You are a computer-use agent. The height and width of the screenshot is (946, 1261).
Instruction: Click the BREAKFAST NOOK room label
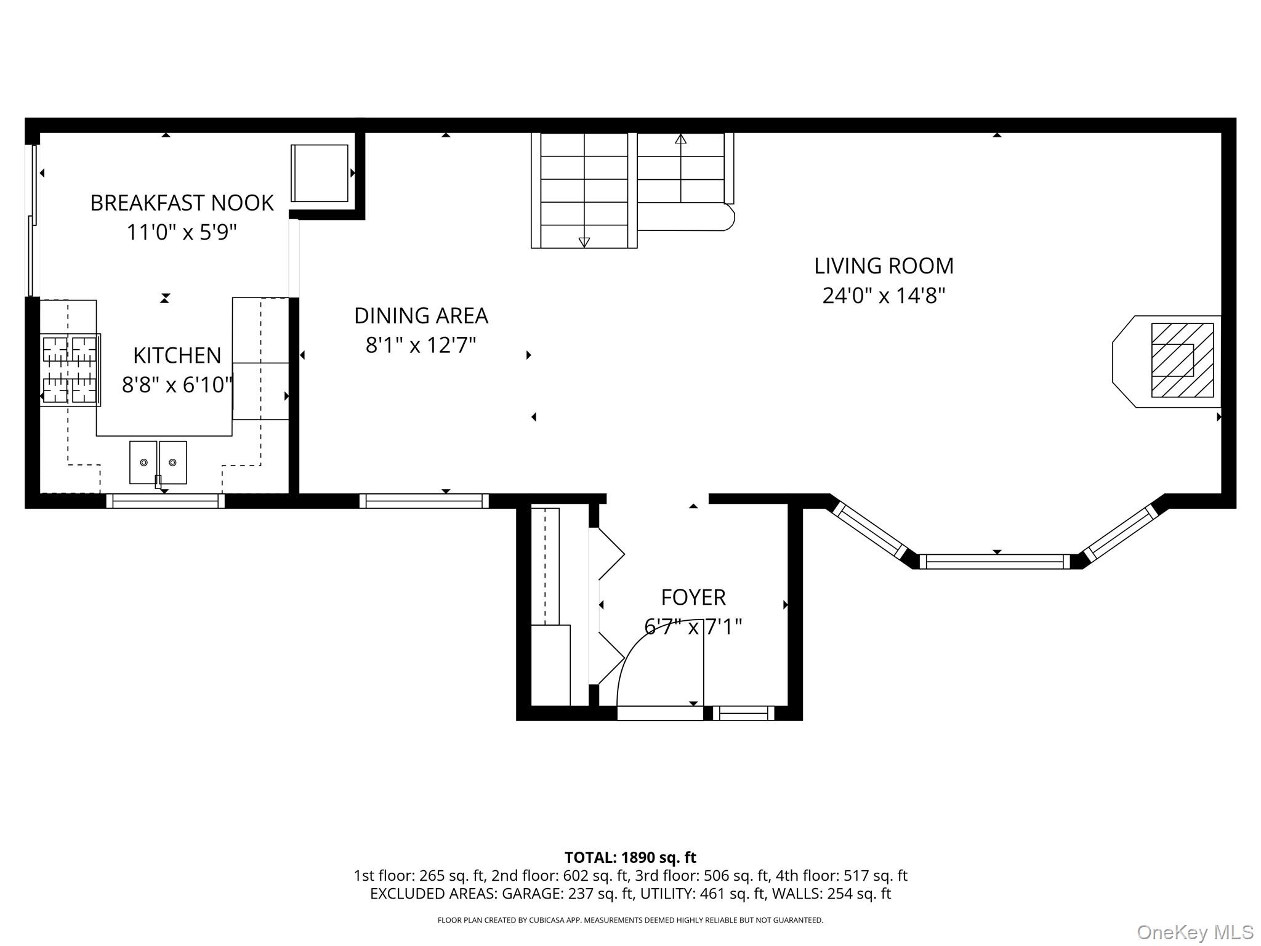coord(182,203)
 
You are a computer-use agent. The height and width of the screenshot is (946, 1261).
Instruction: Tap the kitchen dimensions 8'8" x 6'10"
coord(177,385)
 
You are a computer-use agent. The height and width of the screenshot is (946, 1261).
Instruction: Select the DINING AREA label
coord(421,316)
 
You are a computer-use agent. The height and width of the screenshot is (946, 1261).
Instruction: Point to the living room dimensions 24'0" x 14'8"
coord(884,296)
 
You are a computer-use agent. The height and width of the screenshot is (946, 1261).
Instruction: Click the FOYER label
coord(693,597)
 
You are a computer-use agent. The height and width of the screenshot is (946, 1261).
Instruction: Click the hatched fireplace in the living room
coord(1182,360)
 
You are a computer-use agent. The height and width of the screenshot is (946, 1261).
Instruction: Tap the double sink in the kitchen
coord(158,462)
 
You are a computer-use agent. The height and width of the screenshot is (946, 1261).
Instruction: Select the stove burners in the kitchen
coord(70,370)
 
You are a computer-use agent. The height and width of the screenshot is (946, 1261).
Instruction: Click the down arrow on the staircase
coord(584,242)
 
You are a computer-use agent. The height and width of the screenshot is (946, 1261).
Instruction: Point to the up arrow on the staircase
coord(680,140)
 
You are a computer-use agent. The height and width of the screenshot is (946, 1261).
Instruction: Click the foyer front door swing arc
coord(640,641)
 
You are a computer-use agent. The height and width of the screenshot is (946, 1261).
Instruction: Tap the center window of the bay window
coord(994,562)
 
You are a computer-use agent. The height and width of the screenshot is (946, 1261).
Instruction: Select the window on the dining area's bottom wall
coord(424,501)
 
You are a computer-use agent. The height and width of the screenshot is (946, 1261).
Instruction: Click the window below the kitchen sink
coord(165,501)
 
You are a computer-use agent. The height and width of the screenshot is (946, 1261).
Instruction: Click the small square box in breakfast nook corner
coord(319,173)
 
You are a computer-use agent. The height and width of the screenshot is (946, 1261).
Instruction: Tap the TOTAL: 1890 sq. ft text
coord(630,857)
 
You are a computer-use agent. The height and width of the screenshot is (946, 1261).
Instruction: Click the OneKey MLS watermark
coord(1195,932)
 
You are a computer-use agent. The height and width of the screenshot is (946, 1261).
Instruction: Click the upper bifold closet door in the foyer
coord(610,554)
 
